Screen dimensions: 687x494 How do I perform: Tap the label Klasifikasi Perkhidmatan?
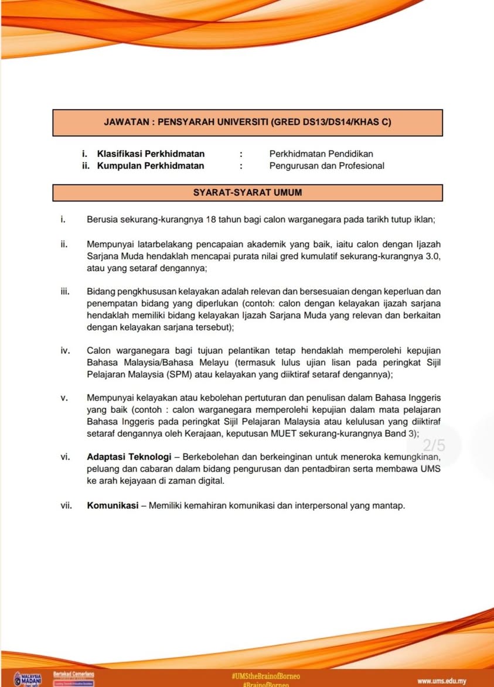(x=151, y=154)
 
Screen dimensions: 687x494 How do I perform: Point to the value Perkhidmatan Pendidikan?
(x=321, y=154)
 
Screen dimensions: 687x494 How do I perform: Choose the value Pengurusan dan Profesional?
(x=327, y=166)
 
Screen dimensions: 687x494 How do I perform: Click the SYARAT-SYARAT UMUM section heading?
(x=247, y=192)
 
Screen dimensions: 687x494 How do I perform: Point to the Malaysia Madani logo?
(x=28, y=678)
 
